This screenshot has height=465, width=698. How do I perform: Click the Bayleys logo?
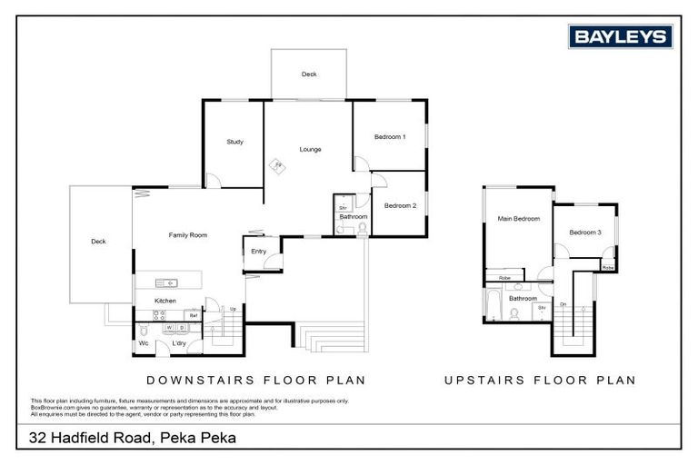[621, 36]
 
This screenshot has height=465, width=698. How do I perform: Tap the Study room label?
[234, 142]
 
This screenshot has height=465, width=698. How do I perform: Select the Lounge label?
[311, 149]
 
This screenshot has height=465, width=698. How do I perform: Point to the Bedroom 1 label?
[390, 136]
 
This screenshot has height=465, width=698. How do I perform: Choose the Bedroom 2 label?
[400, 205]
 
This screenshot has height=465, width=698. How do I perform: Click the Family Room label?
[188, 235]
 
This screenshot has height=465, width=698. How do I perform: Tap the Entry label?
[259, 252]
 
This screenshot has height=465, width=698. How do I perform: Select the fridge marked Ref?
[194, 315]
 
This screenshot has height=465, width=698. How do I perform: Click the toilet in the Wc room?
[143, 331]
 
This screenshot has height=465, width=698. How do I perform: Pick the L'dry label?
[179, 343]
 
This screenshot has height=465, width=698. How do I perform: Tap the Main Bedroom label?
[518, 219]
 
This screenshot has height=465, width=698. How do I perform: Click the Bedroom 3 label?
[585, 232]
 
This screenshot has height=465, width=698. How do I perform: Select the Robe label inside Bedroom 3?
[607, 268]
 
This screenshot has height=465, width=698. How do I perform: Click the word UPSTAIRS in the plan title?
[483, 381]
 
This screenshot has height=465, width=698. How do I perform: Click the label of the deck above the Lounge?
[309, 75]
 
